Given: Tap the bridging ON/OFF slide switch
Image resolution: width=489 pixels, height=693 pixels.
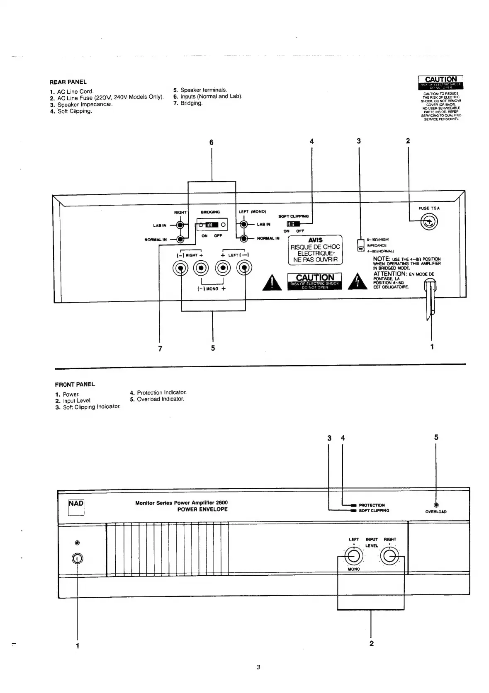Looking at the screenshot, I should [212, 225].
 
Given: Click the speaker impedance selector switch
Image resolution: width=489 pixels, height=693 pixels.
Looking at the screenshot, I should [360, 245].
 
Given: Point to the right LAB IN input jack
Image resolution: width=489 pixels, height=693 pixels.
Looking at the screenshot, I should [180, 225].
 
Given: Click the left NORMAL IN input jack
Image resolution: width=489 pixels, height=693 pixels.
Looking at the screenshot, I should [244, 238].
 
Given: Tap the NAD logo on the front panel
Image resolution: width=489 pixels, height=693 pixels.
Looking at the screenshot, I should [76, 504].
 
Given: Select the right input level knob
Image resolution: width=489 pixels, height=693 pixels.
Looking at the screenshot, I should [389, 556].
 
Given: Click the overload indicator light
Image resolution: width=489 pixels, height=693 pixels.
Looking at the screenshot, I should [436, 505].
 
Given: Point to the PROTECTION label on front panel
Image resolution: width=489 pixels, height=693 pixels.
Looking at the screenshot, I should [371, 505].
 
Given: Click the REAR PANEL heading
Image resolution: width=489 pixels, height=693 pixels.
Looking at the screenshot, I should [68, 82].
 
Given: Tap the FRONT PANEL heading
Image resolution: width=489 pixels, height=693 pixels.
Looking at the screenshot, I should [75, 384].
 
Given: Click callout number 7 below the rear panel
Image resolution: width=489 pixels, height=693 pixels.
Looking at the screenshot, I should [160, 349].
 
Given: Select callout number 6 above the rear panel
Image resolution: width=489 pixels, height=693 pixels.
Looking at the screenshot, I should [212, 143].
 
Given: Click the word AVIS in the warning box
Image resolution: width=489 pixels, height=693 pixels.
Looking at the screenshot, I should [315, 240].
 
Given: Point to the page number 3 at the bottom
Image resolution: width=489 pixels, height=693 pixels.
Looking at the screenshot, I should [258, 667].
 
